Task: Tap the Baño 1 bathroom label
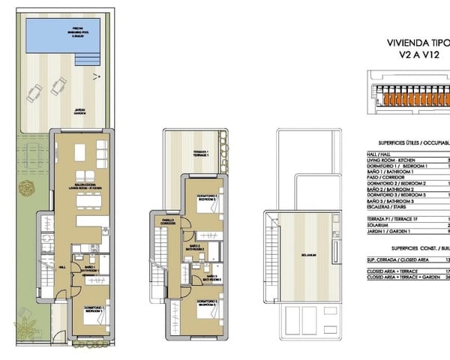[x=90, y=268]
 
